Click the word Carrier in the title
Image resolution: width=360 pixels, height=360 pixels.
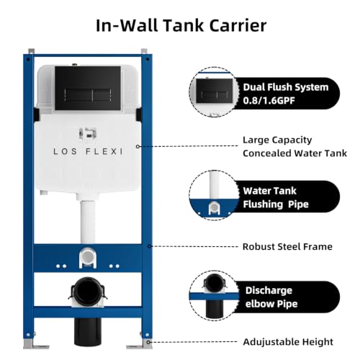(x=238, y=25)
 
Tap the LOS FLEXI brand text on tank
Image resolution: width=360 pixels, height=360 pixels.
(x=88, y=151)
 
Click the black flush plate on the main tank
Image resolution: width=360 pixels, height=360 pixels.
(x=88, y=88)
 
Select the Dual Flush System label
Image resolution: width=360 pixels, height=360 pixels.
(x=286, y=87)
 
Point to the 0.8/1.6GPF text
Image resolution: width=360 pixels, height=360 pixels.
(x=269, y=100)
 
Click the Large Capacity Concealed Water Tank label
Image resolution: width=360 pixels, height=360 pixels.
(x=294, y=146)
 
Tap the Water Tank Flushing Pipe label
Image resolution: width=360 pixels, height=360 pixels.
(x=276, y=197)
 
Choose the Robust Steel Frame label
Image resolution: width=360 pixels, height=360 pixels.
(x=287, y=246)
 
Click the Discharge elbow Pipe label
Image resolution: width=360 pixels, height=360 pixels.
(x=271, y=297)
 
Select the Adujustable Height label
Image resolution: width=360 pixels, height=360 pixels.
(x=288, y=342)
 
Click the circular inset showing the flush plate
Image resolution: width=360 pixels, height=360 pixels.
(x=214, y=92)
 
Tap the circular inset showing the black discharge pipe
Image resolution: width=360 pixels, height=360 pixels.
(x=214, y=295)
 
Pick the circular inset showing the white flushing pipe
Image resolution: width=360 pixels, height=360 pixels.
(x=214, y=195)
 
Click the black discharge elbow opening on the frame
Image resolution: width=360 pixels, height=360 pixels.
(x=88, y=290)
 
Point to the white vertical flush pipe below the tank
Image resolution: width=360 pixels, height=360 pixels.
(x=88, y=221)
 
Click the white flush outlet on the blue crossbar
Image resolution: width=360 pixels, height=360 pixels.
(x=88, y=258)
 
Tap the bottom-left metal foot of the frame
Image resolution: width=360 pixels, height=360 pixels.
(x=35, y=343)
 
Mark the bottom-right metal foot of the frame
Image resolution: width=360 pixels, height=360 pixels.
(x=140, y=343)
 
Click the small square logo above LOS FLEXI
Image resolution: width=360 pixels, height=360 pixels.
(x=88, y=134)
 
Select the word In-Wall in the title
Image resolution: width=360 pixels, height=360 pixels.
(x=127, y=25)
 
